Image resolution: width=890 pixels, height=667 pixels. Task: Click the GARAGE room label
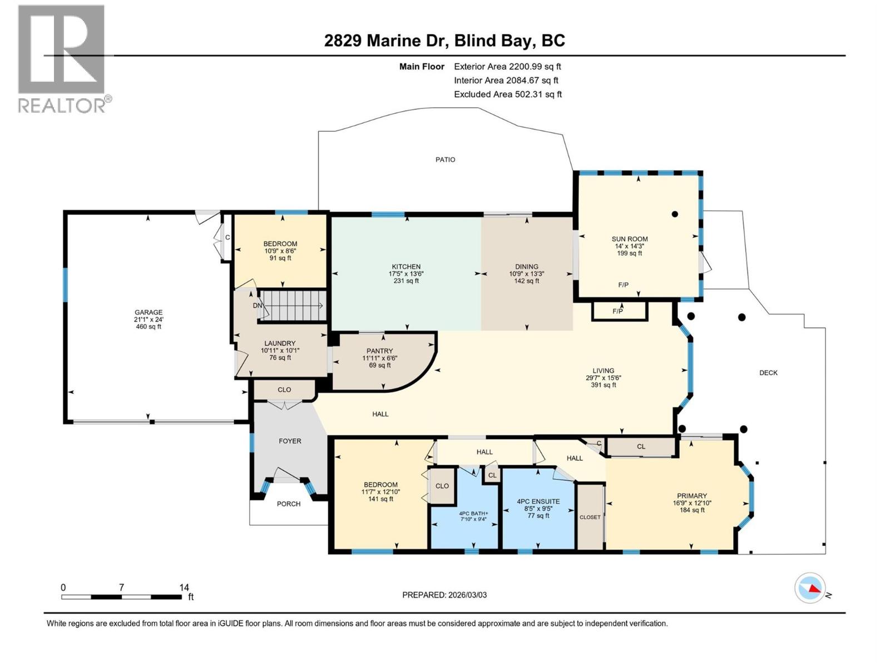(x=148, y=312)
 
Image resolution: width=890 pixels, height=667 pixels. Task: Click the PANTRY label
(x=379, y=351)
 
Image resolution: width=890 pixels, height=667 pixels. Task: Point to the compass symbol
(x=810, y=588)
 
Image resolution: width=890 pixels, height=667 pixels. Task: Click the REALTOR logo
(x=62, y=59)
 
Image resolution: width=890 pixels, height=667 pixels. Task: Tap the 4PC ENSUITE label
(x=538, y=501)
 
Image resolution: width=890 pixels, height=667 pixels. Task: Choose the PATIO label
(x=445, y=160)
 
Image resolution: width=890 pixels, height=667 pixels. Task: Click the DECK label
(x=768, y=373)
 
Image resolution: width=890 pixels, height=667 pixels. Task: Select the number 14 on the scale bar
(x=184, y=587)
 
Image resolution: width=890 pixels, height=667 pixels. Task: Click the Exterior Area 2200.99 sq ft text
(x=507, y=67)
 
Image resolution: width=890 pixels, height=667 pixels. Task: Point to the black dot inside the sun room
(x=675, y=214)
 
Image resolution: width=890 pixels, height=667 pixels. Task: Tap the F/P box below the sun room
(x=619, y=311)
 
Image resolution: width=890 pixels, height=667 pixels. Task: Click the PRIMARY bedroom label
(x=691, y=496)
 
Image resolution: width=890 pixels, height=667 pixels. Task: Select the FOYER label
(x=290, y=441)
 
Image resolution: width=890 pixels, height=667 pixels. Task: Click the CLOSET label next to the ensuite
(x=590, y=517)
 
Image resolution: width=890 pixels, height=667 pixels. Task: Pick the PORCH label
(x=289, y=504)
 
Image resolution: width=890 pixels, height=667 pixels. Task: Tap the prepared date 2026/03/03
(x=467, y=595)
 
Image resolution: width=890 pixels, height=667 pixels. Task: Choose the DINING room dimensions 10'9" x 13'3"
(x=526, y=274)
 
